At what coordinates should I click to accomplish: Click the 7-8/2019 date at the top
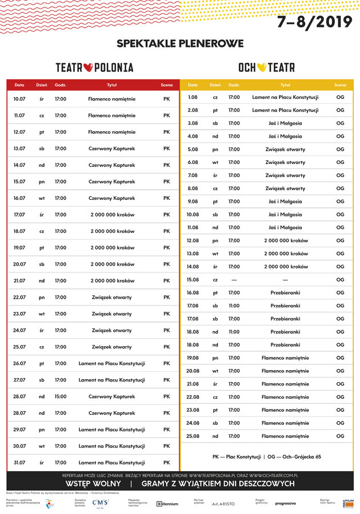(x=315, y=22)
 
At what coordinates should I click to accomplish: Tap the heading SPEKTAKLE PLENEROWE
(x=180, y=43)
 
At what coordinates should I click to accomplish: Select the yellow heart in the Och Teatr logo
(x=262, y=67)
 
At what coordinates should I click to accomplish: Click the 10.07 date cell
(x=19, y=99)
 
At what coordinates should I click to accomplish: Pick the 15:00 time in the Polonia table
(x=61, y=396)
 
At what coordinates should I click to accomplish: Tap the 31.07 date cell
(x=19, y=463)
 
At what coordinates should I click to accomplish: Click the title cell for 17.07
(x=112, y=215)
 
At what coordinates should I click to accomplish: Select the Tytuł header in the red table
(x=112, y=85)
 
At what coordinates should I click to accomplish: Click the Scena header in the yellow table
(x=340, y=85)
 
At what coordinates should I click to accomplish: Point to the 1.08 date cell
(x=193, y=97)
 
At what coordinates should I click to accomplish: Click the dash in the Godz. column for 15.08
(x=234, y=280)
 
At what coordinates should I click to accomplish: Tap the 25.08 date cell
(x=193, y=436)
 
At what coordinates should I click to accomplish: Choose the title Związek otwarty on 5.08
(x=285, y=150)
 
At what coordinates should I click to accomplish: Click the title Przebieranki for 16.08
(x=285, y=293)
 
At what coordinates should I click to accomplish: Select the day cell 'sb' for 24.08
(x=215, y=423)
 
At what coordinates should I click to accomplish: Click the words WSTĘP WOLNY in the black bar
(x=92, y=484)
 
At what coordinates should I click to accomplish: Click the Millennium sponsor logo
(x=167, y=504)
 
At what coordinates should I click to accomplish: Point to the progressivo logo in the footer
(x=286, y=503)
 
